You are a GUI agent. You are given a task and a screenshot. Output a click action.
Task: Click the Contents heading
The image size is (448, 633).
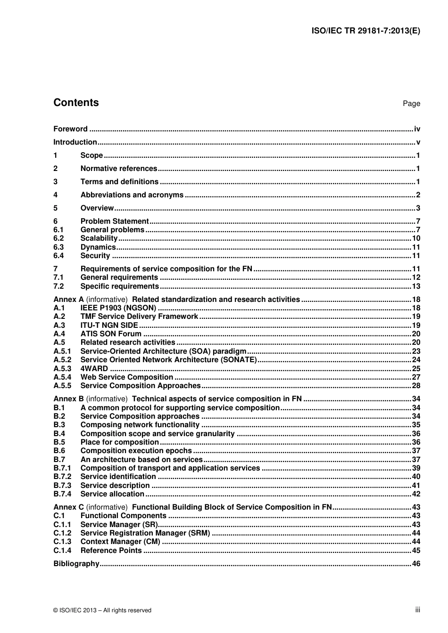click(76, 103)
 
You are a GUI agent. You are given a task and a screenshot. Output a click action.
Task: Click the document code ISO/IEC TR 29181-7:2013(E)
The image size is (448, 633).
click(365, 31)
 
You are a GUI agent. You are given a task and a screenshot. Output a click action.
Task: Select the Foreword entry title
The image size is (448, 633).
click(70, 129)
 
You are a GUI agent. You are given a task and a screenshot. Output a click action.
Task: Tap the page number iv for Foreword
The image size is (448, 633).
click(416, 129)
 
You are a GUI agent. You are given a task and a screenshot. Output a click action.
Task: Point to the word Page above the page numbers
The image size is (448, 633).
click(411, 104)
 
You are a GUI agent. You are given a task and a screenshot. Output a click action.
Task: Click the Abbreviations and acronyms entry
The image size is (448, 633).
click(132, 195)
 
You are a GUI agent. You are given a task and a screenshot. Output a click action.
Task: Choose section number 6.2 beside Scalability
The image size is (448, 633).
click(58, 238)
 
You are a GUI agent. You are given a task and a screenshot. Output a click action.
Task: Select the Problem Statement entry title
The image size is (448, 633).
click(114, 221)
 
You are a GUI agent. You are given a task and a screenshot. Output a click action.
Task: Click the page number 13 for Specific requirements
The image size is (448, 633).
click(416, 286)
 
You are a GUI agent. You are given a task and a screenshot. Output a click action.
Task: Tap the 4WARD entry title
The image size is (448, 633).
click(94, 369)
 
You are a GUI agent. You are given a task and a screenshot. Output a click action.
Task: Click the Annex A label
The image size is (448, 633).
click(68, 300)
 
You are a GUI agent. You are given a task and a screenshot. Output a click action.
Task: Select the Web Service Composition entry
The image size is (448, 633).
click(126, 377)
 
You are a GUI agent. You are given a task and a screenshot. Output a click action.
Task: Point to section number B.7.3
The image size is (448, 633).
click(62, 486)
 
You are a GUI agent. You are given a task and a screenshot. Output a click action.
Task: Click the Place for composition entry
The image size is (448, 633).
click(119, 442)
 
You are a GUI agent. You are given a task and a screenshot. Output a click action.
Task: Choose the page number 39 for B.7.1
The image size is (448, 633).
click(416, 468)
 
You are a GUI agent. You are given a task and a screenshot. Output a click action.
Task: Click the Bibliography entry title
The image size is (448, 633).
click(76, 564)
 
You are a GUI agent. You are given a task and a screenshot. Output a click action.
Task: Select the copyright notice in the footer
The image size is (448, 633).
click(102, 610)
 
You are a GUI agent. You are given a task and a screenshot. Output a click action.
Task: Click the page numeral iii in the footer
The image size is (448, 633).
click(417, 610)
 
